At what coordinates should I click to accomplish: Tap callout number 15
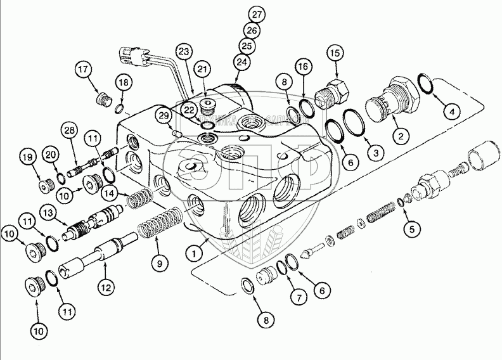click(x=335, y=53)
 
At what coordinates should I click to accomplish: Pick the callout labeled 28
click(x=69, y=131)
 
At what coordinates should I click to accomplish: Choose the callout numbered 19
click(x=27, y=157)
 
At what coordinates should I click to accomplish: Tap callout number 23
click(x=183, y=51)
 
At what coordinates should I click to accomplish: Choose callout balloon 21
click(x=202, y=68)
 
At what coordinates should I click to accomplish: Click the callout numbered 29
click(x=164, y=115)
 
